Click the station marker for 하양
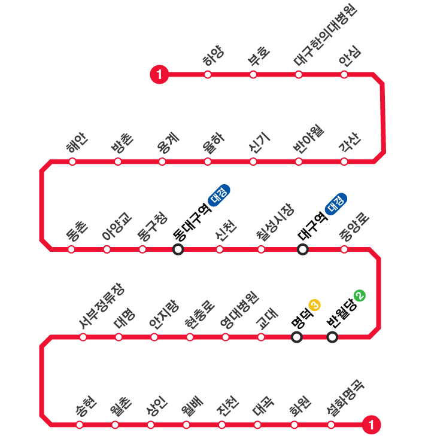click(208, 75)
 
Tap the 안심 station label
click(350, 57)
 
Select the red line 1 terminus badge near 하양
click(159, 75)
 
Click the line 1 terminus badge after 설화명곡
click(372, 425)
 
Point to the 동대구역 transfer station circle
click(178, 249)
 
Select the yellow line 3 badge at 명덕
click(315, 305)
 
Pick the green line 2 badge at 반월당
click(359, 295)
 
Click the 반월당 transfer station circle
click(332, 337)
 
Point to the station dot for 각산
click(344, 161)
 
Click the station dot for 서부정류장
click(83, 337)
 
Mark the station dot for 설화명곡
click(331, 425)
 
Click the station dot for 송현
click(80, 425)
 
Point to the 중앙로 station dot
click(344, 249)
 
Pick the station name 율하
click(214, 144)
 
